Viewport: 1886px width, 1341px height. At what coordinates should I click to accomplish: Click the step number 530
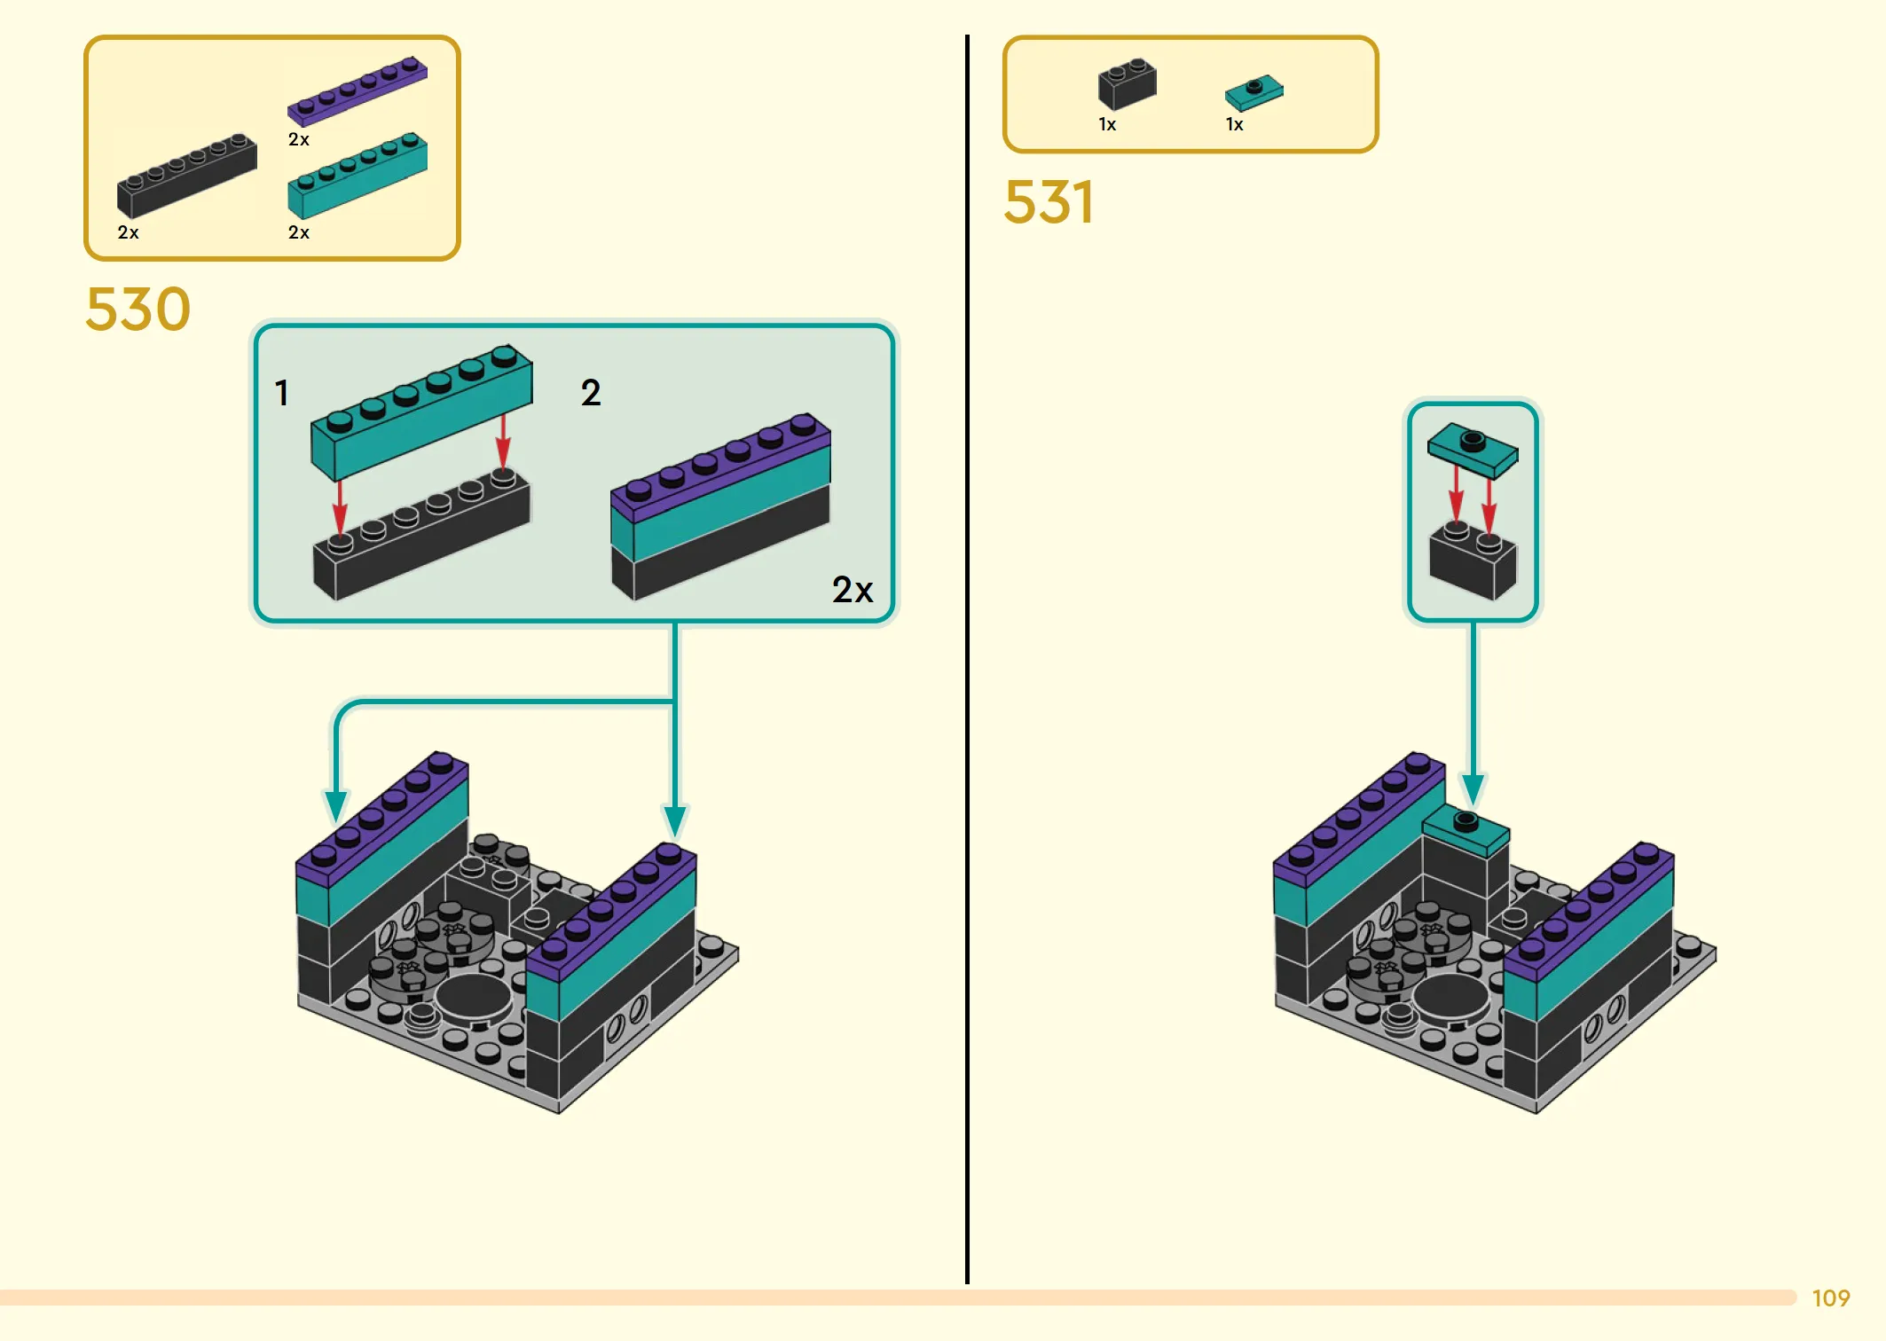138,309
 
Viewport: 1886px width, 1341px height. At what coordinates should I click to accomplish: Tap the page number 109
1831,1298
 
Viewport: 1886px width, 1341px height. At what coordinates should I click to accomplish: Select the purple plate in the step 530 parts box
358,90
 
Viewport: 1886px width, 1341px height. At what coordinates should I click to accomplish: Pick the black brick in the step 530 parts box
187,176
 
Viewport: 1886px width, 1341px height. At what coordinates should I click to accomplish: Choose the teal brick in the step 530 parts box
358,176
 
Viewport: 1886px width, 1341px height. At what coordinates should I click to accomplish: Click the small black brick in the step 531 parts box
1127,83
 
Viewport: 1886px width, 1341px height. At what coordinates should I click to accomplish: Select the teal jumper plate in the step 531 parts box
1253,92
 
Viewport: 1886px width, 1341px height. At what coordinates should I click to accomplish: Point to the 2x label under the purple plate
299,139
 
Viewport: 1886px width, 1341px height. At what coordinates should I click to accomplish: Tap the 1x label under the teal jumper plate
1235,124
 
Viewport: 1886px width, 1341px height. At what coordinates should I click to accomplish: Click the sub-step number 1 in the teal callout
281,393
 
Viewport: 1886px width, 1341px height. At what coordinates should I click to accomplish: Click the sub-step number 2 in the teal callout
591,393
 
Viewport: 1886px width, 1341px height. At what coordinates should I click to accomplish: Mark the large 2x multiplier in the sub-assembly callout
853,590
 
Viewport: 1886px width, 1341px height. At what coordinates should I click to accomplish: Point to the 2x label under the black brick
129,232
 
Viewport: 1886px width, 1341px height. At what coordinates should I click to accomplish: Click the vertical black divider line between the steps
967,659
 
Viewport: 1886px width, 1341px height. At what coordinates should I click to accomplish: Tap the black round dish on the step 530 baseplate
474,996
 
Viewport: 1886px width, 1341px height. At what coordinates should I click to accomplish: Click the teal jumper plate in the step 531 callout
1473,451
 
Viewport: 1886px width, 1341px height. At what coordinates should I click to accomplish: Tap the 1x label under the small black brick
1108,124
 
